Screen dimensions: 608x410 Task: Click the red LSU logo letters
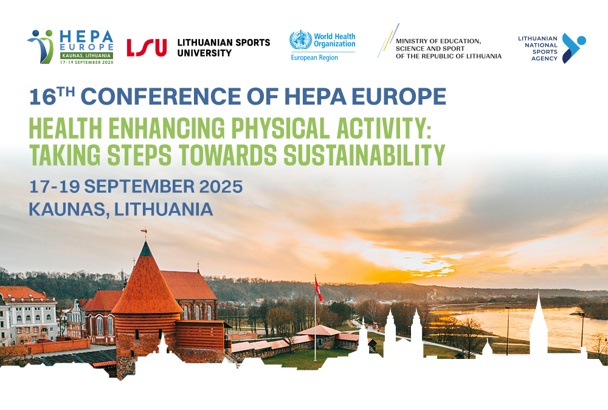click(x=147, y=47)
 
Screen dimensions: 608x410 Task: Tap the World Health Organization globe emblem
click(x=300, y=40)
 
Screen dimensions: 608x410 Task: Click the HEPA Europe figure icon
click(x=40, y=47)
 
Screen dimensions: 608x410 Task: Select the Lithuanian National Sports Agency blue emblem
click(x=573, y=48)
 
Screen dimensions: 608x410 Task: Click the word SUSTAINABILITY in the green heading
click(x=364, y=155)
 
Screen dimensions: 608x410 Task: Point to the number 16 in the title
click(x=43, y=97)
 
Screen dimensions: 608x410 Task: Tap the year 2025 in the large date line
click(x=221, y=187)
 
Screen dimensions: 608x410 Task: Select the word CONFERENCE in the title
click(x=161, y=96)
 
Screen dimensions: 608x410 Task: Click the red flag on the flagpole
click(x=319, y=290)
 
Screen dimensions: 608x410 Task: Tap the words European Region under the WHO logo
click(x=314, y=58)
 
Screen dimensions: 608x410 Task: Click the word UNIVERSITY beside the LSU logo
click(x=204, y=53)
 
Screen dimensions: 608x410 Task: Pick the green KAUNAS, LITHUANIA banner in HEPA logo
click(x=86, y=55)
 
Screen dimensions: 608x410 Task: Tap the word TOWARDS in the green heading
click(x=227, y=155)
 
